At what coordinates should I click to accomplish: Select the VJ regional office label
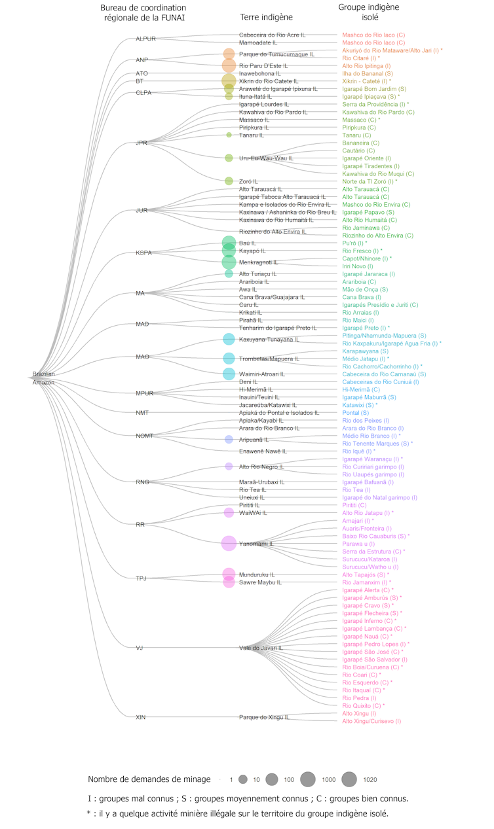(x=140, y=648)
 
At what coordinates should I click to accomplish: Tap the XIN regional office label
(x=141, y=717)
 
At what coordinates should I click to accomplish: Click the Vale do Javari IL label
(x=261, y=648)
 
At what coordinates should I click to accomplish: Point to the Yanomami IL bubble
(x=229, y=543)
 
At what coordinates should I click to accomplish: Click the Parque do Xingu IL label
(x=263, y=717)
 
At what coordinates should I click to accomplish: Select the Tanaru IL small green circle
(x=229, y=135)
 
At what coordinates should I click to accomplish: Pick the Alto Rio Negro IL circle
(x=229, y=467)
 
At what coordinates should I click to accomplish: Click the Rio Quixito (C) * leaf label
(x=364, y=705)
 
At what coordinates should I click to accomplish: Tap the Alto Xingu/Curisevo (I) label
(x=371, y=721)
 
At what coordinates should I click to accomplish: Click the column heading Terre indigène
(x=267, y=17)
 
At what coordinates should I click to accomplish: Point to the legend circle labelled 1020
(x=349, y=779)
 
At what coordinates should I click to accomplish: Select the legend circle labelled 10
(x=242, y=779)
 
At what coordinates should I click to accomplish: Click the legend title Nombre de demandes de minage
(x=149, y=779)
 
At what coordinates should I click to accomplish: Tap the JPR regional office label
(x=142, y=143)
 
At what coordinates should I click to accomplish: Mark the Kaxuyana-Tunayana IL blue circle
(x=229, y=339)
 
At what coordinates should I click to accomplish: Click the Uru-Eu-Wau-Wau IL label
(x=266, y=158)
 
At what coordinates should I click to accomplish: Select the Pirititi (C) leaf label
(x=354, y=505)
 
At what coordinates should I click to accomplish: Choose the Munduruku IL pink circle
(x=229, y=574)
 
